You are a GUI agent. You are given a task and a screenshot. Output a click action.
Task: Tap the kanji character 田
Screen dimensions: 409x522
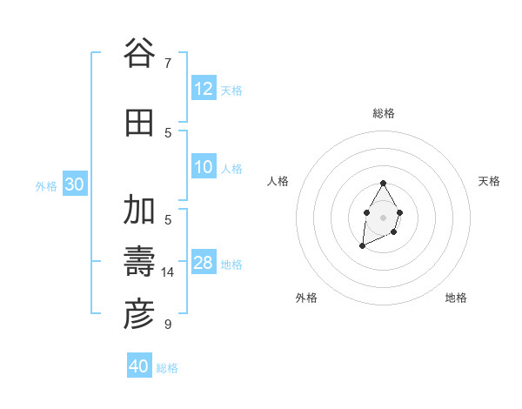[x=139, y=124]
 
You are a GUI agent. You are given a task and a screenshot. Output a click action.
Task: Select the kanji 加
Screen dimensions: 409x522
[x=139, y=210]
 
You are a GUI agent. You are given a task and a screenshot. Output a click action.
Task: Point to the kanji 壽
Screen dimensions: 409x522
[x=139, y=261]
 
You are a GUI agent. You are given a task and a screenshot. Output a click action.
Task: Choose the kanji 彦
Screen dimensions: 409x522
[x=139, y=315]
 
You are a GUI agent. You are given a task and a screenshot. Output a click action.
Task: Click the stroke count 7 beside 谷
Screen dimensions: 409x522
[x=168, y=63]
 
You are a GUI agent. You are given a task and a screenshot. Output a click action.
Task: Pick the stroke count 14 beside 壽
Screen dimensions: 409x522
[x=168, y=272]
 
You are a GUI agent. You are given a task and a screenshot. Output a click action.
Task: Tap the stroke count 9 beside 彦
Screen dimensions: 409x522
[x=168, y=325]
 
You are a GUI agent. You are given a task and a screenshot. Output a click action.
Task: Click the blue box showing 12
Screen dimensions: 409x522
[x=204, y=90]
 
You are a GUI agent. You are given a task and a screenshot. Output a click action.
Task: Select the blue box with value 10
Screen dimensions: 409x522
[x=204, y=168]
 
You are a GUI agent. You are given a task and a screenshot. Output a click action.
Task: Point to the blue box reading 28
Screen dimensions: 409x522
[x=204, y=264]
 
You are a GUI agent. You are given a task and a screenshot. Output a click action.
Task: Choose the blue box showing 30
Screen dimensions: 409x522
[x=74, y=184]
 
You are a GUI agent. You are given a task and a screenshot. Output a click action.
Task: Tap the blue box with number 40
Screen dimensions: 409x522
[x=139, y=366]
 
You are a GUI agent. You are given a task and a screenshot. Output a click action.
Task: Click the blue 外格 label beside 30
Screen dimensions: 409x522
[x=46, y=185]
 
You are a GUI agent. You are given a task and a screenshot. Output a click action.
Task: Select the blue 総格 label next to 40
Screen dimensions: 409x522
[x=167, y=368]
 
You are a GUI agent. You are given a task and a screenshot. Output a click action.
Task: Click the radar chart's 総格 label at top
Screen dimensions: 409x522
[x=384, y=113]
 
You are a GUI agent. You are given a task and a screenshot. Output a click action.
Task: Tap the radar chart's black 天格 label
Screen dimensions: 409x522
[x=489, y=181]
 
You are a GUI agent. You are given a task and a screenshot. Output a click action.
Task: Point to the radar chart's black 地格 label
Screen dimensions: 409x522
[x=456, y=298]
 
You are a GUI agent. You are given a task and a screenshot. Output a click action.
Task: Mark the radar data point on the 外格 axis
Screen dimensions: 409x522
[x=362, y=247]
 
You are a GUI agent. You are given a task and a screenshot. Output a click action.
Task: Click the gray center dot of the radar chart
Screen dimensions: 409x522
[x=383, y=216]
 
